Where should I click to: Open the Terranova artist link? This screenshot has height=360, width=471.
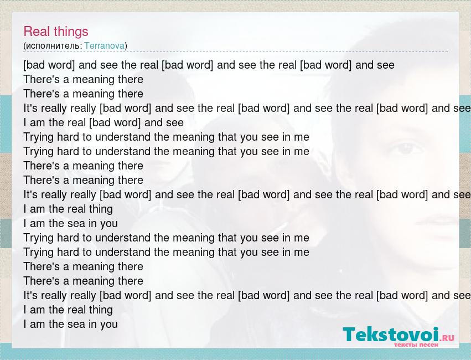(104, 45)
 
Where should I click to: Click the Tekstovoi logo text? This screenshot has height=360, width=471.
(391, 334)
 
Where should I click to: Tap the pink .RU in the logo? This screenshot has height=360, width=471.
(447, 338)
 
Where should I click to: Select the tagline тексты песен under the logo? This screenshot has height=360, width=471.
(416, 344)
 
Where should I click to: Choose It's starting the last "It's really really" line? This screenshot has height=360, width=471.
(30, 295)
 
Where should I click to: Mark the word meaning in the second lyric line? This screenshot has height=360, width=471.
(94, 80)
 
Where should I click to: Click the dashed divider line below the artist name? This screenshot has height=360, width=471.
(236, 52)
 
